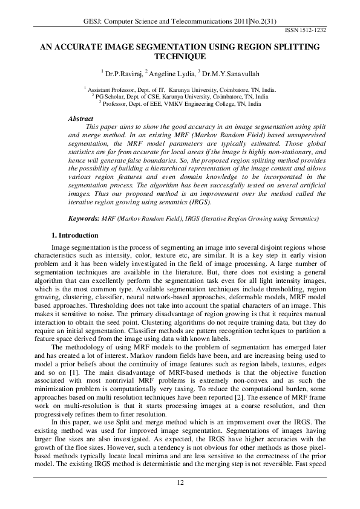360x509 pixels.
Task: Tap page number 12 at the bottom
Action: click(x=180, y=481)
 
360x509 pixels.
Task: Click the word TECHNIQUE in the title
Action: click(x=180, y=56)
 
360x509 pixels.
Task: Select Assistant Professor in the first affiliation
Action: click(x=115, y=88)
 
